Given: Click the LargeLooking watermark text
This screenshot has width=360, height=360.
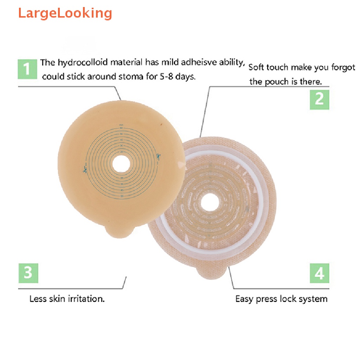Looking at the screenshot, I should click(65, 13).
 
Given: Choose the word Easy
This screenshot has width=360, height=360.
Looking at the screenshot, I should click(244, 299).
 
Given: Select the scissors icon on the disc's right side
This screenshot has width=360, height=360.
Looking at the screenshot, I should click(158, 156).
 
